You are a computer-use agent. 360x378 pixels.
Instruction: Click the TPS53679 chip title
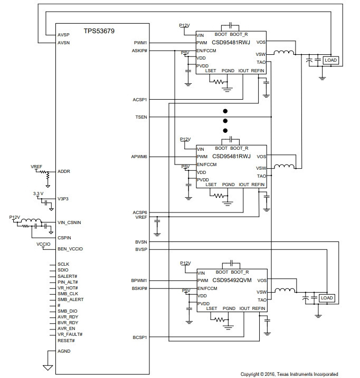coord(99,31)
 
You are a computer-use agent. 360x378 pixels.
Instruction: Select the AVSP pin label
coord(63,35)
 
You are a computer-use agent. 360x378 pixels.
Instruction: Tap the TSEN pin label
coord(141,117)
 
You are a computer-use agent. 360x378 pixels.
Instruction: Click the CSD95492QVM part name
coord(232,280)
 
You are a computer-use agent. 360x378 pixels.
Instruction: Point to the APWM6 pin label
coord(139,157)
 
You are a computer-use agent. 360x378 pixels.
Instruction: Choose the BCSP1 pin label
coord(140,337)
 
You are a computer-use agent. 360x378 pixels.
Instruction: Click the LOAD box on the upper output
coord(330,60)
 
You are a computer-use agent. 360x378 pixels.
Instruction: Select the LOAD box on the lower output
coord(327,298)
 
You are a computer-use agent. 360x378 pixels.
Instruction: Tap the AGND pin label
coord(64,351)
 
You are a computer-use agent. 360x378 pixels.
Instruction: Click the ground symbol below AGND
coord(48,367)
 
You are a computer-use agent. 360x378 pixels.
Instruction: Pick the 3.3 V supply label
coord(38,193)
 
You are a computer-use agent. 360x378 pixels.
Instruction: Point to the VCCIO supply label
coord(43,244)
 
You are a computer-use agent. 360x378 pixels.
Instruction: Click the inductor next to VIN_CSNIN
coord(31,220)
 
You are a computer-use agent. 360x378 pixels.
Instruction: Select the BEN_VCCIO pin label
coord(70,249)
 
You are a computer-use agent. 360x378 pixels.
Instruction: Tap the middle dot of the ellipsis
coord(225,121)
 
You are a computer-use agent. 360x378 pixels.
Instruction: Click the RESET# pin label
coord(66,341)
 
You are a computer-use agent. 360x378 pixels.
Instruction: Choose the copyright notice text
coord(289,374)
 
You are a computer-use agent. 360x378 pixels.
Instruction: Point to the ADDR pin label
coord(64,171)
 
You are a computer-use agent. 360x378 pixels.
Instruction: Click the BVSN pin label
coord(141,242)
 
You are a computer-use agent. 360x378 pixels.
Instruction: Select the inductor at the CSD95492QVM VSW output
coord(285,290)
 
